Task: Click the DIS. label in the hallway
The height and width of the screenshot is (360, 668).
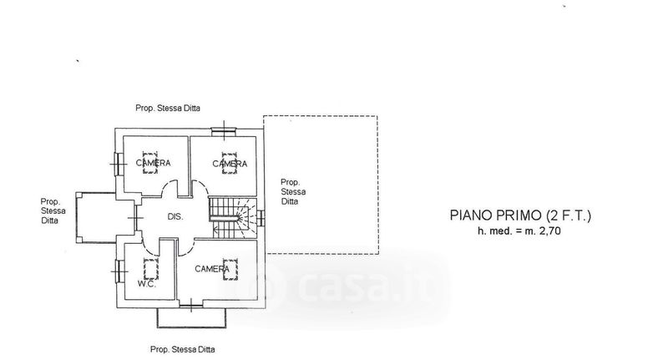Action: tap(175, 217)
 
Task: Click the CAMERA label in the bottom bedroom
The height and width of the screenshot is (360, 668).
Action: tap(213, 269)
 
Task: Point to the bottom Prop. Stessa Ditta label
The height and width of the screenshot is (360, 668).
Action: tap(188, 349)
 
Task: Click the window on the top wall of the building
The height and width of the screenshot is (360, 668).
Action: tap(223, 130)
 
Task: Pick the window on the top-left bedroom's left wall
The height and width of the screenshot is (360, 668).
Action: tap(117, 164)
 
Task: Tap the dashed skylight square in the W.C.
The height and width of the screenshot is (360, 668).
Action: tap(150, 268)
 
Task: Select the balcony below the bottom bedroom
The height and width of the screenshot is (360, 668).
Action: tap(191, 317)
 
